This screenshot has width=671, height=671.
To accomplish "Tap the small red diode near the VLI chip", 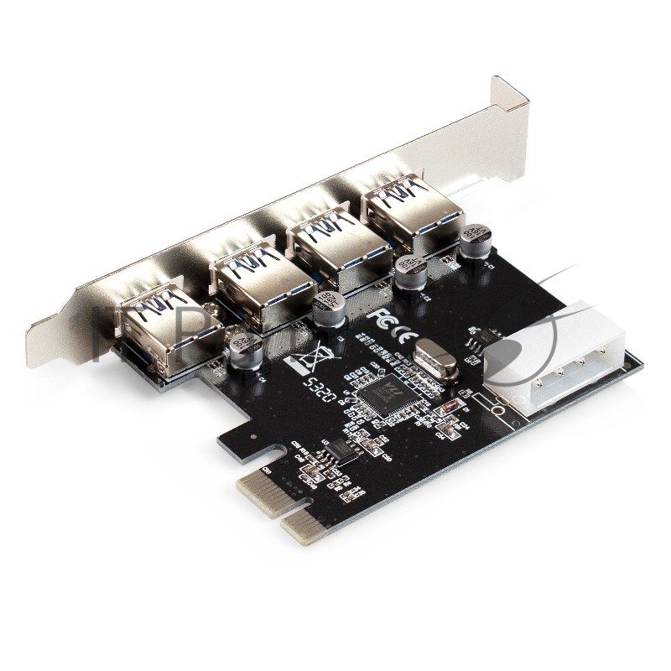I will click(x=450, y=408).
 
